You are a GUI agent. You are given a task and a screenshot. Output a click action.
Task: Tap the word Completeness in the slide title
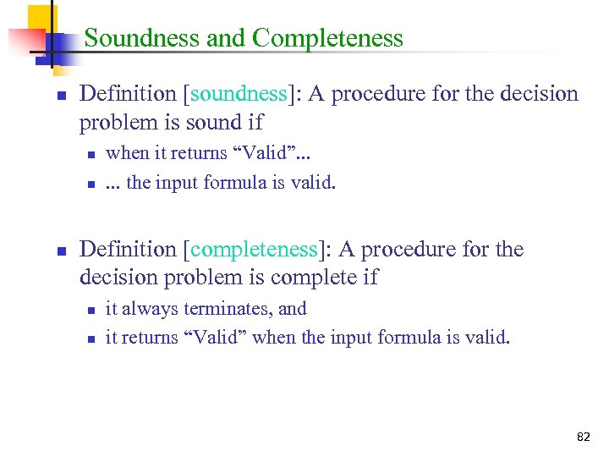point(327,38)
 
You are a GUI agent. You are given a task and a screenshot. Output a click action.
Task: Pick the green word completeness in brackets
point(255,250)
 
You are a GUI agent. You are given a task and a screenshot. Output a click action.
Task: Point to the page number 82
point(583,437)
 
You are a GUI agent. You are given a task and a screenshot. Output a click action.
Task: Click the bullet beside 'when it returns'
point(90,155)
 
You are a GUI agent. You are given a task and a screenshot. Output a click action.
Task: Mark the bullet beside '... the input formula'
point(90,184)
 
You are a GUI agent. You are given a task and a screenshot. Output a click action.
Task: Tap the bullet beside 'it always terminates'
point(90,311)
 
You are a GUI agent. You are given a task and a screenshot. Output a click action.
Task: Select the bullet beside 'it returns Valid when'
point(90,339)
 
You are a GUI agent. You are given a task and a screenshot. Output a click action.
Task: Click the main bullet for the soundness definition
point(61,96)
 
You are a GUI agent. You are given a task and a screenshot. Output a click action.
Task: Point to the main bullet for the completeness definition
point(61,251)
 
